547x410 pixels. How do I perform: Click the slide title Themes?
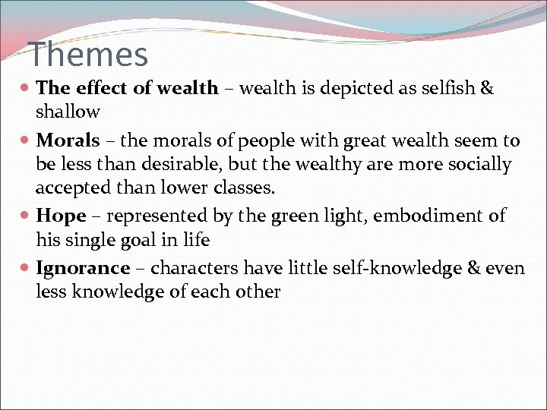[x=88, y=55]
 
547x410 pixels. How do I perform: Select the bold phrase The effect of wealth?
[x=127, y=88]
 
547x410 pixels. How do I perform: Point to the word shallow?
[x=68, y=112]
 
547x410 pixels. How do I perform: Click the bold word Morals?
[x=68, y=140]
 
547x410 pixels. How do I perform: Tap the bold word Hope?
[x=61, y=216]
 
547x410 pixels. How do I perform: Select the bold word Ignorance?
[x=83, y=268]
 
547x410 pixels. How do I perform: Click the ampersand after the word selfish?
[x=487, y=88]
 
